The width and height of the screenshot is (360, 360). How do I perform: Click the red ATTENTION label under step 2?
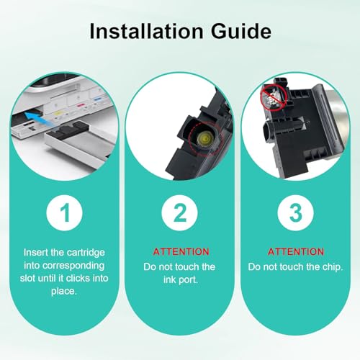click(x=180, y=251)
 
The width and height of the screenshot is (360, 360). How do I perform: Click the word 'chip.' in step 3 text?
click(x=332, y=267)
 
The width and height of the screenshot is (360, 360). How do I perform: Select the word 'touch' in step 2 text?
click(x=181, y=267)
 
